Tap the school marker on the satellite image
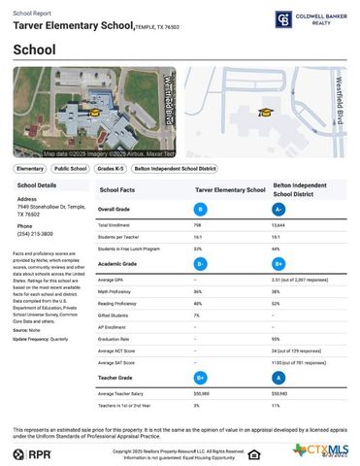tap(94, 113)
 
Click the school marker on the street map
tap(265, 112)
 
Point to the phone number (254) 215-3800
tap(35, 234)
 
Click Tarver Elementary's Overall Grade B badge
tap(201, 209)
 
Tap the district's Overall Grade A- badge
tap(279, 209)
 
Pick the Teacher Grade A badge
tap(278, 377)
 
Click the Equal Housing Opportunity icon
tap(253, 453)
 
